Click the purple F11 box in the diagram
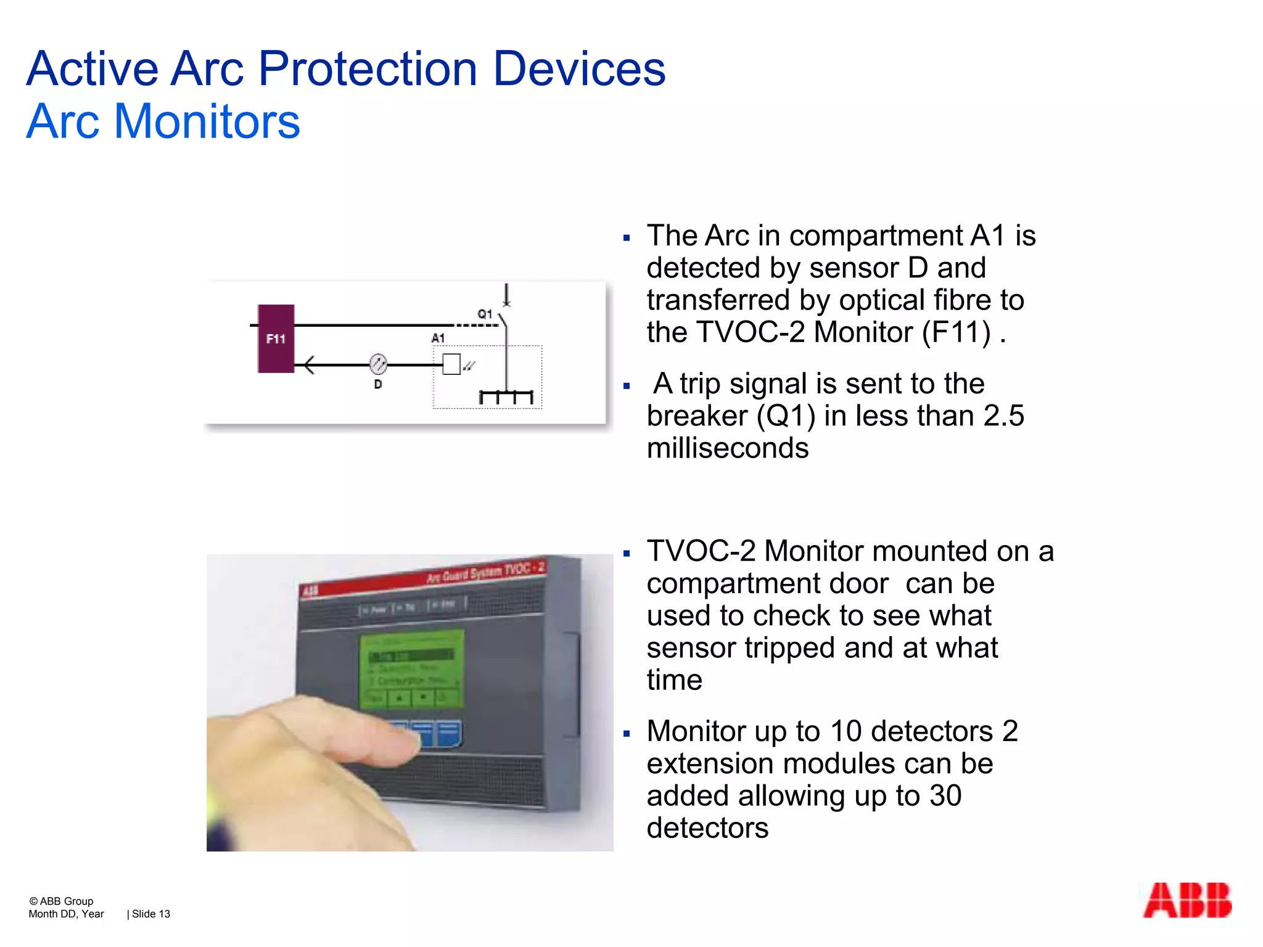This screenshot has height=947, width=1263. [x=276, y=338]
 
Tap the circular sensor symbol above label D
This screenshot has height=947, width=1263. [x=378, y=364]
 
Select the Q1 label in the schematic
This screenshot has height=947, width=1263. [x=485, y=314]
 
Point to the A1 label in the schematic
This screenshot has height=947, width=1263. [x=438, y=338]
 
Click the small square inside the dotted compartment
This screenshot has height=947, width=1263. [x=451, y=364]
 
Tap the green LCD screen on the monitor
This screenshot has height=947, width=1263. [x=411, y=669]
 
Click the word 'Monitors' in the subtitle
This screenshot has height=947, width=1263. [x=207, y=121]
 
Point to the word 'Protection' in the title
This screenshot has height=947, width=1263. [x=368, y=68]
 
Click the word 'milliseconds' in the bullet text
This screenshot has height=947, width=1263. [x=728, y=448]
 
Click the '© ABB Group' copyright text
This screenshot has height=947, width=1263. [x=61, y=901]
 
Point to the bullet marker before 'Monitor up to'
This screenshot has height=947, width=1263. [x=627, y=734]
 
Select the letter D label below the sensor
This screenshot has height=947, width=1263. [x=378, y=384]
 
